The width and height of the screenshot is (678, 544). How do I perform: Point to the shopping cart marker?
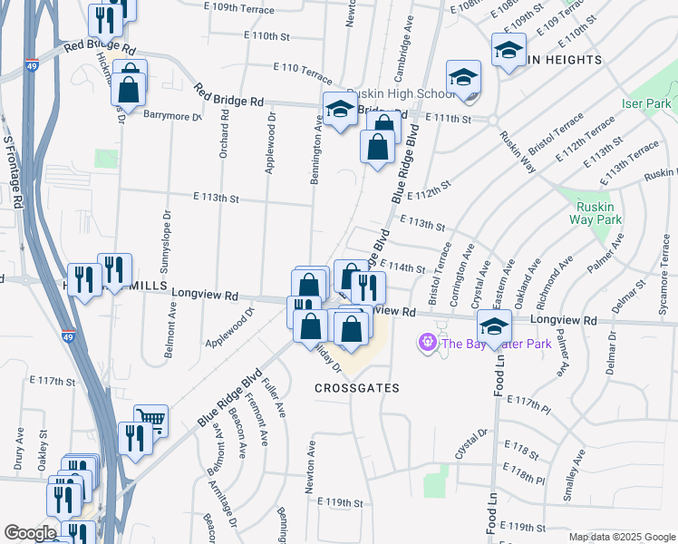pyautogui.click(x=151, y=418)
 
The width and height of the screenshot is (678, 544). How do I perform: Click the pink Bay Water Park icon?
pyautogui.click(x=426, y=343)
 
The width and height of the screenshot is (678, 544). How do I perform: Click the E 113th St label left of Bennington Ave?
pyautogui.click(x=216, y=198)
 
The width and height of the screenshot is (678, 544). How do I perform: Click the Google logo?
pyautogui.click(x=30, y=533)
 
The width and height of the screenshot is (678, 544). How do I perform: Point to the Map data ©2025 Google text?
pyautogui.click(x=621, y=537)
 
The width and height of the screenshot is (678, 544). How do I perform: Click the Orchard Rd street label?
pyautogui.click(x=223, y=136)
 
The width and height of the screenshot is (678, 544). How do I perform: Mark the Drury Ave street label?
pyautogui.click(x=18, y=453)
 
